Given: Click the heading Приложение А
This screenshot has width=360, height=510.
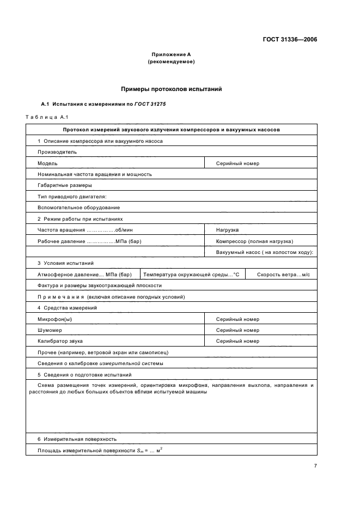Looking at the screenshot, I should (x=171, y=54).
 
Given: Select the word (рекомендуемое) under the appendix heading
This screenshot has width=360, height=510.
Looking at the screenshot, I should (x=171, y=62).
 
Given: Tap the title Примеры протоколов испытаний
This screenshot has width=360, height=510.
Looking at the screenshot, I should (x=171, y=89).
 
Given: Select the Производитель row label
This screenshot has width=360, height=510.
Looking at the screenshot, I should (x=57, y=152).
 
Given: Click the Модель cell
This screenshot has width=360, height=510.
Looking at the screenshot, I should (x=47, y=163).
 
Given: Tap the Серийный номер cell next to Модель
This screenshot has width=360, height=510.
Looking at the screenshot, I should (x=237, y=163).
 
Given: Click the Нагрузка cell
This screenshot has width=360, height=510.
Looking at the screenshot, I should (x=228, y=230).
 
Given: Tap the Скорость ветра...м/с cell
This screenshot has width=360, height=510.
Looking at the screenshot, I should (x=283, y=275).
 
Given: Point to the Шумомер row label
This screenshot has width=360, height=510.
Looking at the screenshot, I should (x=50, y=330).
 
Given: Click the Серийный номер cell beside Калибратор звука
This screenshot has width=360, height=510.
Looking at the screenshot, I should (x=237, y=341).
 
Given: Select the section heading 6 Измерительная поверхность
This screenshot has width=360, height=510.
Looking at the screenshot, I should (x=77, y=439).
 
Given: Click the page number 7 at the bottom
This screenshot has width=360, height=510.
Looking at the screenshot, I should (x=316, y=466).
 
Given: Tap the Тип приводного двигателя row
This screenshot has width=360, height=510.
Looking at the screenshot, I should (x=71, y=196).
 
